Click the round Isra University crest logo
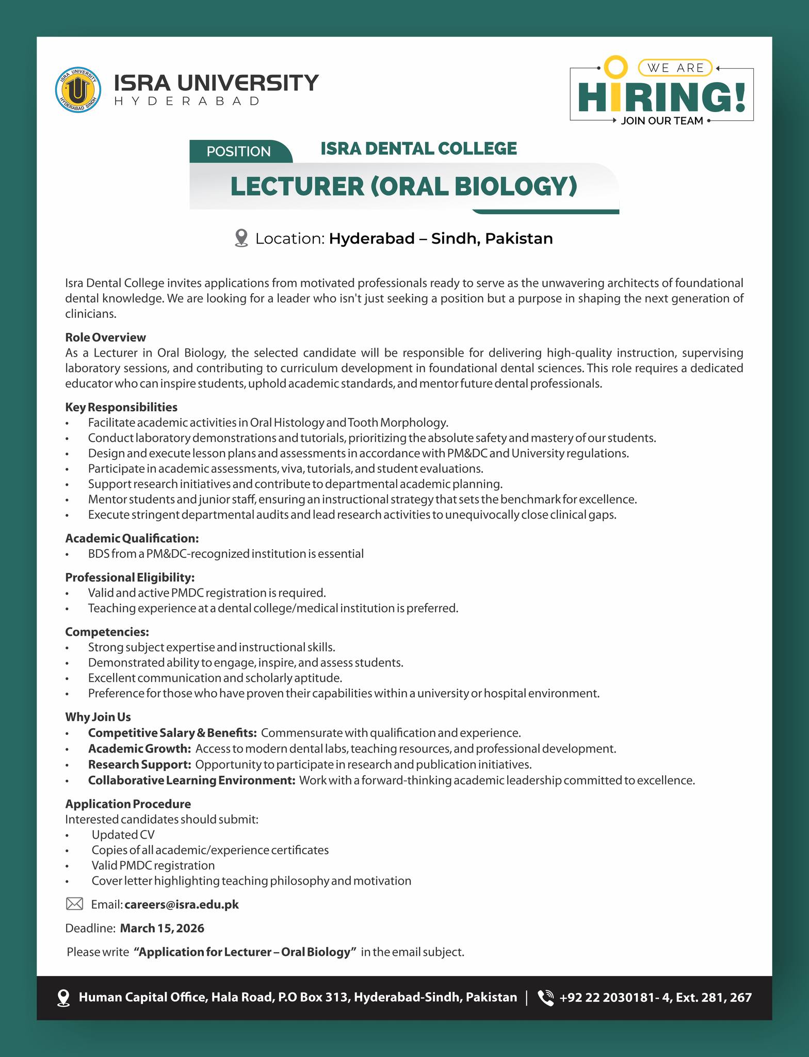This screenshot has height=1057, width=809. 77,90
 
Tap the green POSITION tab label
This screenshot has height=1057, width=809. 238,151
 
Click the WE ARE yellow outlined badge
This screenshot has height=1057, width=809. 675,68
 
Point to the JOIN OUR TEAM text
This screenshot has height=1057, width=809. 662,121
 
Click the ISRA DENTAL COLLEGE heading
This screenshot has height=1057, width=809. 418,149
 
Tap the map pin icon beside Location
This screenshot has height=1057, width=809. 241,238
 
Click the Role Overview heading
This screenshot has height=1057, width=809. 105,338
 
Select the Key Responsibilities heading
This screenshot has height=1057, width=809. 121,407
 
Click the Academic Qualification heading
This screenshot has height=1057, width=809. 132,538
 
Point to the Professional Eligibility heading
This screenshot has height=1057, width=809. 130,577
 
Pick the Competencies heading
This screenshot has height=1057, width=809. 107,632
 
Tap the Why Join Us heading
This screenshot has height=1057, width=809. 98,717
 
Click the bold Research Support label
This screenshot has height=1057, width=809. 139,764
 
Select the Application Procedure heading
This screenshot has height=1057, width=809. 128,804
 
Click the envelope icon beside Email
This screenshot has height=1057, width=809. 75,904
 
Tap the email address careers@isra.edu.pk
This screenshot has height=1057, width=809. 182,904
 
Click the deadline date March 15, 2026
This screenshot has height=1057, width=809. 162,928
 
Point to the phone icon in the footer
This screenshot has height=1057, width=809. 545,998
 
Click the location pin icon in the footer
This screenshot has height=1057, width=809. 63,998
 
